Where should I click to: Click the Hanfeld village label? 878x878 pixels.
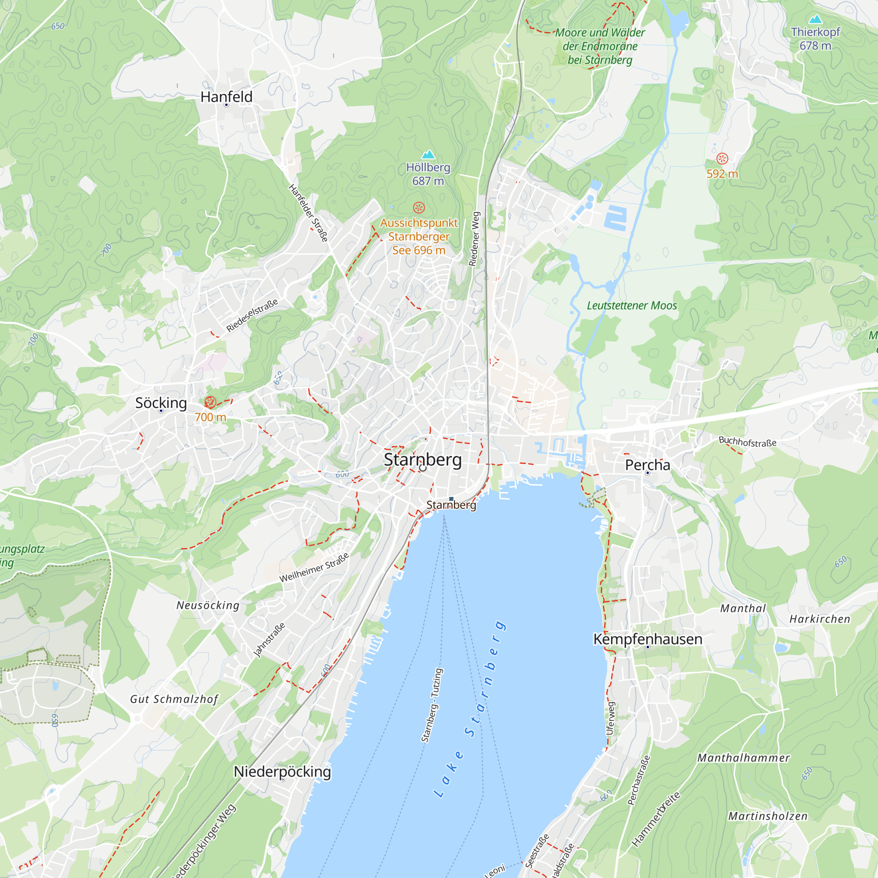coord(227,97)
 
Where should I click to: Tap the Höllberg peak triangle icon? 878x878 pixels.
coord(428,155)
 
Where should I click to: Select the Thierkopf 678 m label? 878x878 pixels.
coord(815,39)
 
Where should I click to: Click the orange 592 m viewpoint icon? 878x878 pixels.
coord(722,158)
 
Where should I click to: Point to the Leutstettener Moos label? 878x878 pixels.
coord(632,306)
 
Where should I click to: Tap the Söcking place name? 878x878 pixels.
coord(161,403)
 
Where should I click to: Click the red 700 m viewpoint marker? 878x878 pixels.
coord(210,402)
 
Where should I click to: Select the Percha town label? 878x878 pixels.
coord(648,464)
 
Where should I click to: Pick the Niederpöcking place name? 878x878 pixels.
coord(282,771)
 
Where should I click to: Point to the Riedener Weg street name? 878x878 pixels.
coord(474,238)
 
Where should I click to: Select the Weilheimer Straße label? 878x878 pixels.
coord(314,567)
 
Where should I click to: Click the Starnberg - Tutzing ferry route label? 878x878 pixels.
coord(432,705)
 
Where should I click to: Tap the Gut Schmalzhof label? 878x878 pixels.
coord(174,699)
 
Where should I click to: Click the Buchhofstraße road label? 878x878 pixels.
coord(747,441)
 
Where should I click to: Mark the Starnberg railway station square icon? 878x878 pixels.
coord(451,499)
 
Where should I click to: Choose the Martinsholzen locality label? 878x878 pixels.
coord(768,816)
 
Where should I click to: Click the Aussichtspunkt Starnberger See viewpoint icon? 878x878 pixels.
coord(418,208)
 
